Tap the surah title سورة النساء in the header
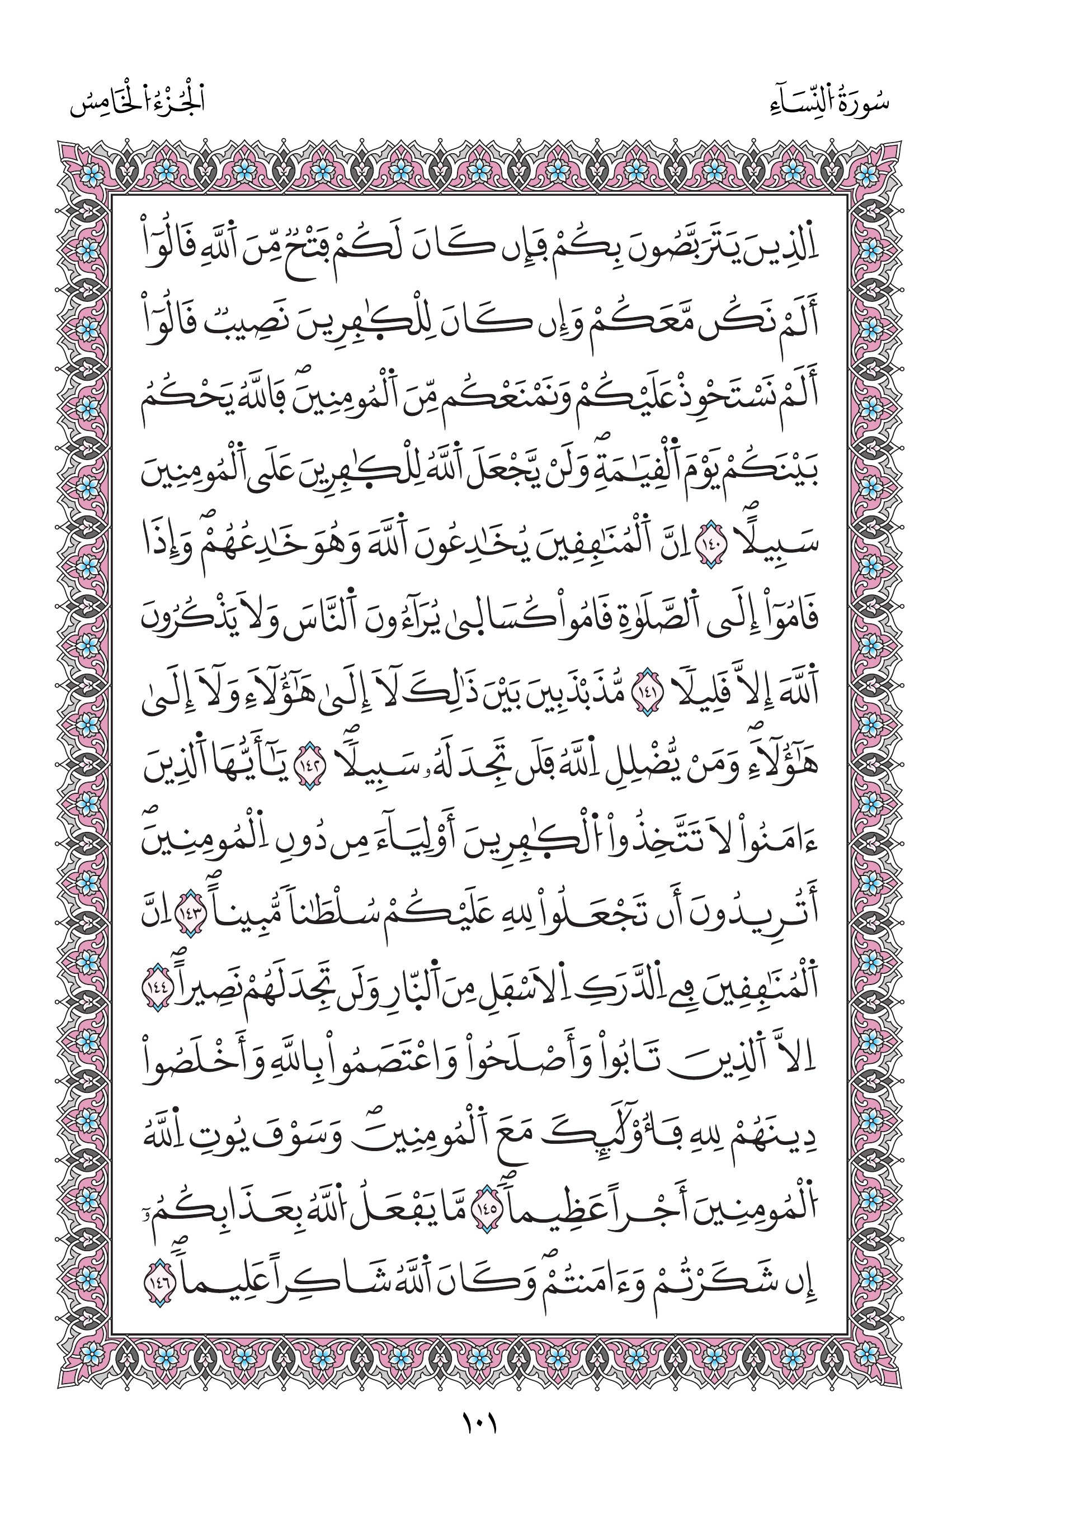click(827, 102)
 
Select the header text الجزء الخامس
click(137, 102)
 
